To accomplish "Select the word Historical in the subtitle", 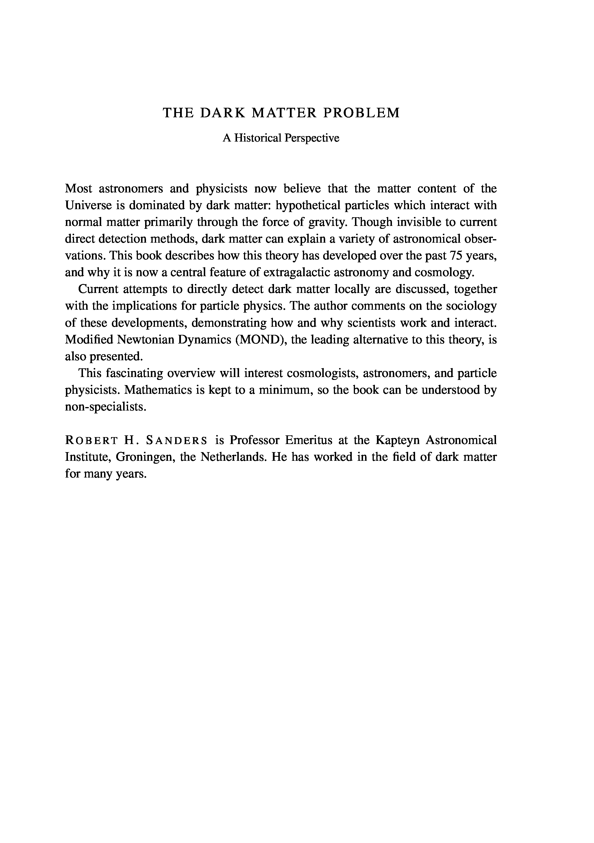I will (x=258, y=138).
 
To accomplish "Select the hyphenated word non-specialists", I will (x=106, y=407).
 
